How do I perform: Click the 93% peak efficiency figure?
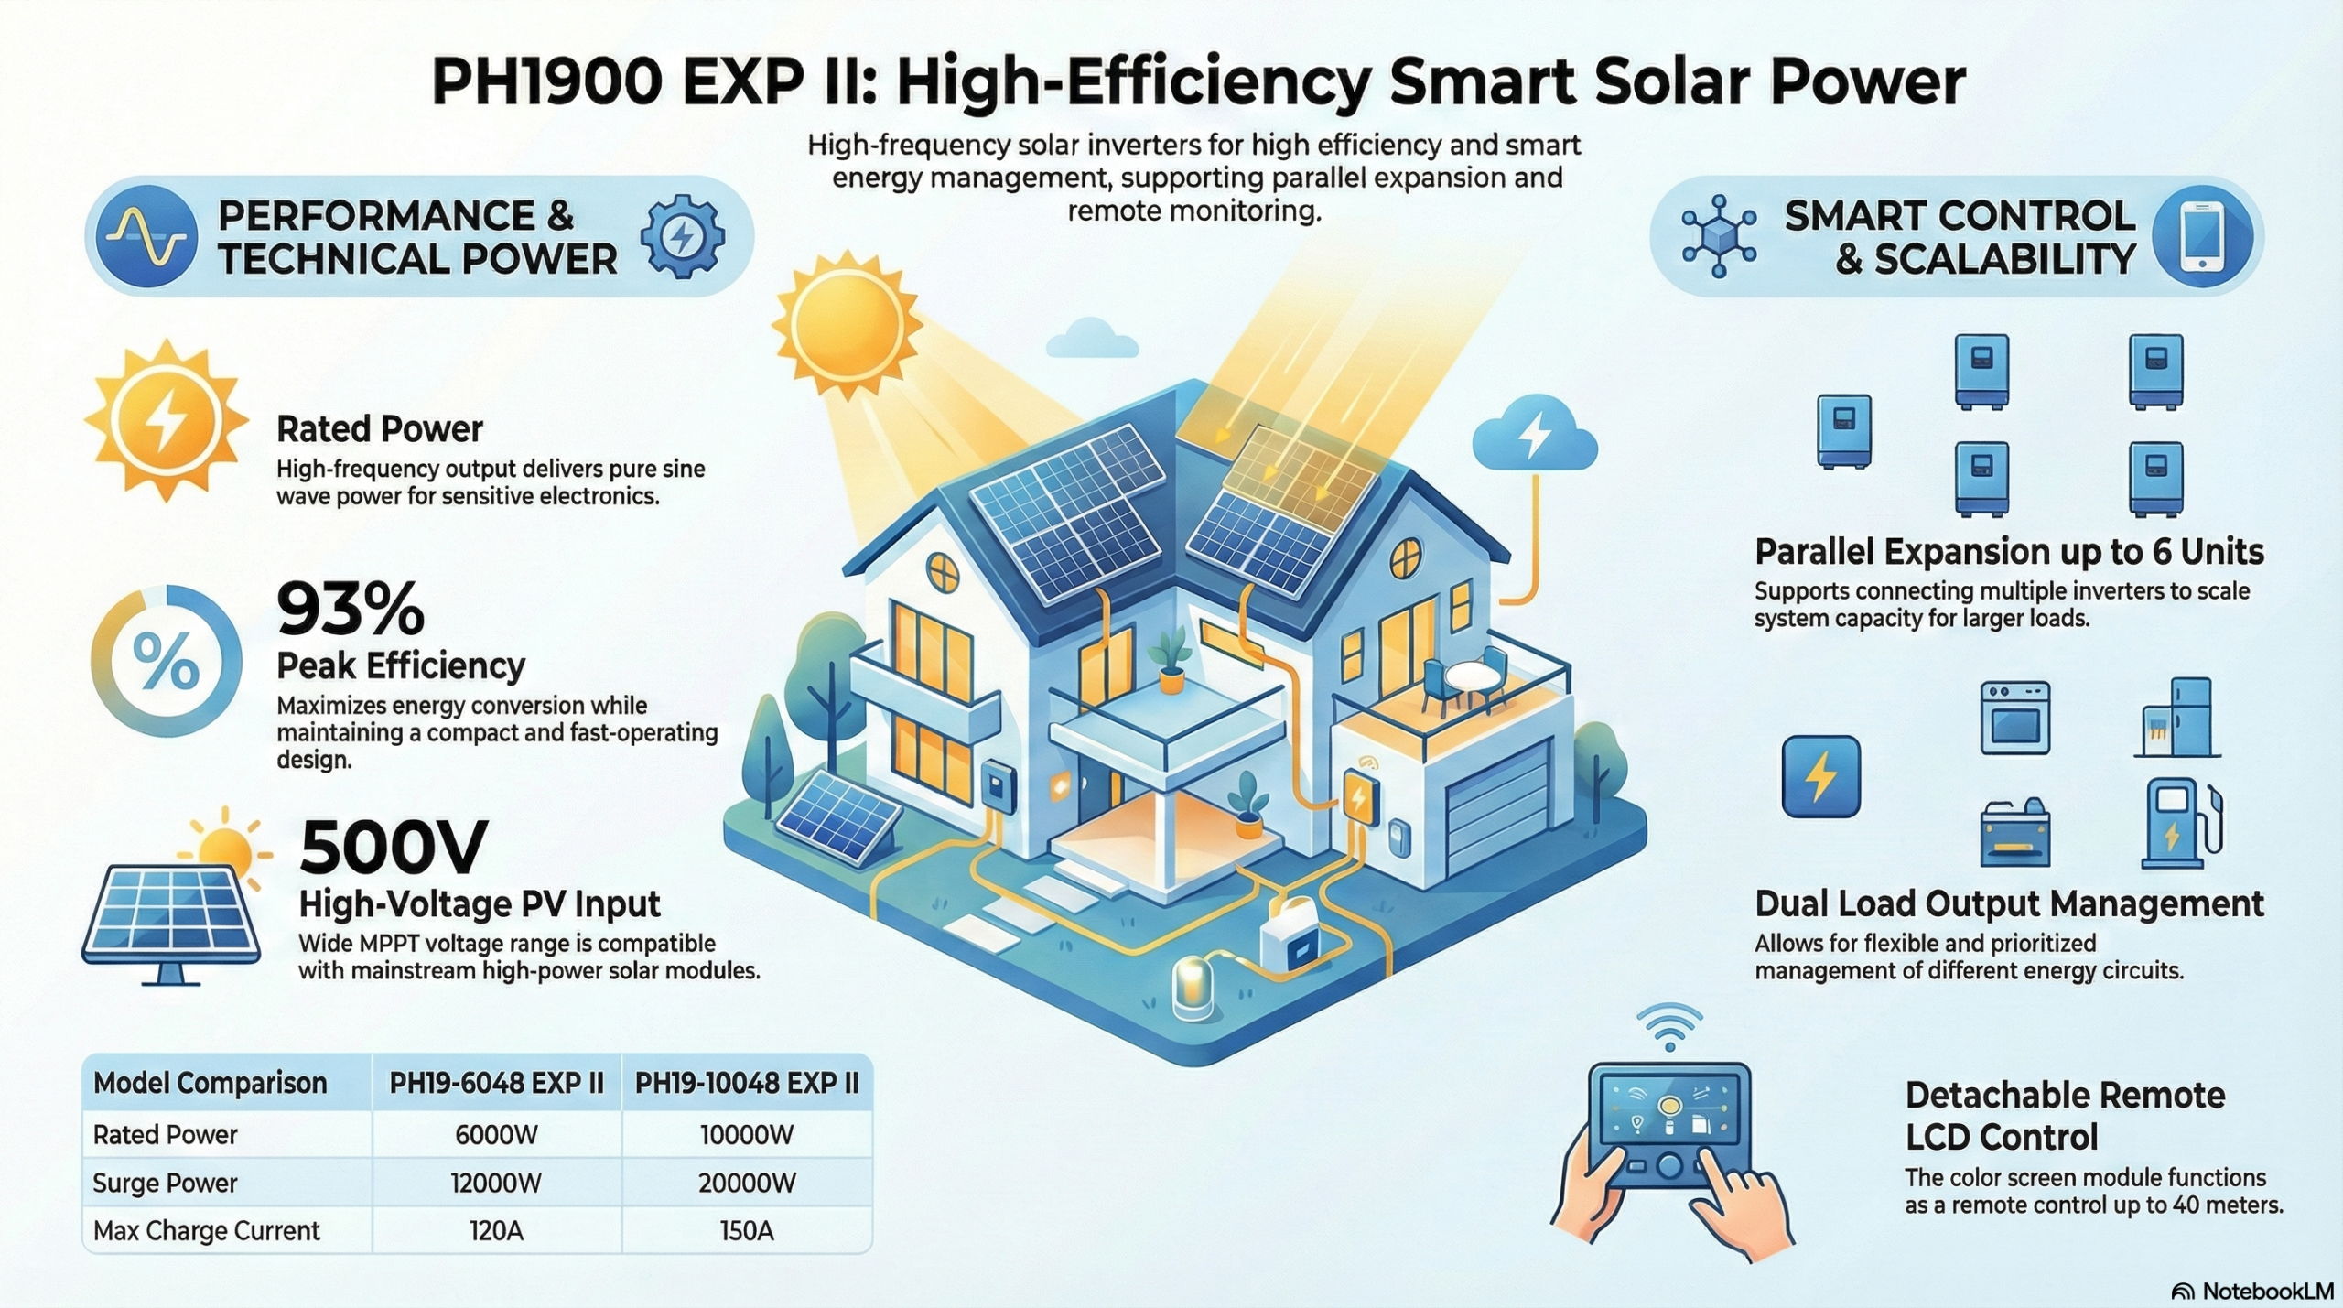point(351,609)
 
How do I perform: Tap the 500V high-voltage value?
point(394,848)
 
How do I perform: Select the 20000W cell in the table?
point(747,1183)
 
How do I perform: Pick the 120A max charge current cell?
point(496,1231)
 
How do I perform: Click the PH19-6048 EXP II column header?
point(496,1084)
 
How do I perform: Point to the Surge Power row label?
point(165,1183)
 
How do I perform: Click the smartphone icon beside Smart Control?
point(2202,235)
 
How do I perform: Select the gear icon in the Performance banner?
point(683,236)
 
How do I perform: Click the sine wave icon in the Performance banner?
point(146,236)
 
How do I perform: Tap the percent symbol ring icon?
point(166,661)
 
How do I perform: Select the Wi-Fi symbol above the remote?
point(1669,1027)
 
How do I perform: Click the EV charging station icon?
point(2182,823)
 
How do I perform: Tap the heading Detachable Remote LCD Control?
point(2066,1116)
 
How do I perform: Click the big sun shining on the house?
point(845,325)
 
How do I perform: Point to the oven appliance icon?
point(2014,718)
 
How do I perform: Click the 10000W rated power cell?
point(747,1135)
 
